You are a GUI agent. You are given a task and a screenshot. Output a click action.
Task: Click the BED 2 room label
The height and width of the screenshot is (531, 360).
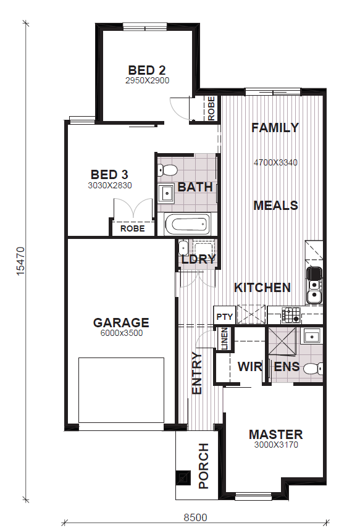click(x=147, y=70)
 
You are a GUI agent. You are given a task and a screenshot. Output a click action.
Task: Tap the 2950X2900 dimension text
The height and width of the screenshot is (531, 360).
click(x=148, y=81)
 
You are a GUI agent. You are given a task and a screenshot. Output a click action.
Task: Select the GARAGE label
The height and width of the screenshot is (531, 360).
click(x=121, y=322)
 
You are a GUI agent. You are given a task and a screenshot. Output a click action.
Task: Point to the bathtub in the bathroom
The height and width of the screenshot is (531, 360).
click(x=187, y=224)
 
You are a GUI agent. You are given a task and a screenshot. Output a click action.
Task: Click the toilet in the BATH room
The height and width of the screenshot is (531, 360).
click(x=167, y=170)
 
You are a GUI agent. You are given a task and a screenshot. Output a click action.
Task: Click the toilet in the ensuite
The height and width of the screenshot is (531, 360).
click(x=313, y=369)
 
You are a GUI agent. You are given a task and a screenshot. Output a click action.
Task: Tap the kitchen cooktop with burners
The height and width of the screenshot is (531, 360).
click(x=291, y=315)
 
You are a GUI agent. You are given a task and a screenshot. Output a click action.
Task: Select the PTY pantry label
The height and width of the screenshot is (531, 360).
click(x=225, y=317)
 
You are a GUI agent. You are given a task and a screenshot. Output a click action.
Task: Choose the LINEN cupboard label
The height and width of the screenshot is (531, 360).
click(x=225, y=338)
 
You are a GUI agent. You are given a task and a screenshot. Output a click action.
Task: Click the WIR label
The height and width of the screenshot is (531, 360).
click(x=249, y=366)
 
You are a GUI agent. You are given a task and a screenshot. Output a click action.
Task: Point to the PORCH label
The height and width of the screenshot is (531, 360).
click(x=204, y=466)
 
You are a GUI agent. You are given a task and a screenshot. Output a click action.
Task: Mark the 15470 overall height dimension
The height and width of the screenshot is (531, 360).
click(x=20, y=261)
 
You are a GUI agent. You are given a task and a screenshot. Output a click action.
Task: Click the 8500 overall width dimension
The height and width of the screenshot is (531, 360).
click(x=195, y=518)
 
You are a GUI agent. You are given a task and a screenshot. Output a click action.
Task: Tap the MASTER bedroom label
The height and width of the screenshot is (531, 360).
click(x=275, y=435)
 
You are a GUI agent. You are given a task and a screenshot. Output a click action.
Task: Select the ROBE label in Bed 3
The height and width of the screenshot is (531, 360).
click(x=132, y=228)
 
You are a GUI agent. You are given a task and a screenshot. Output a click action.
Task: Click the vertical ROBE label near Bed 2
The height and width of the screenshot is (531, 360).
click(x=211, y=109)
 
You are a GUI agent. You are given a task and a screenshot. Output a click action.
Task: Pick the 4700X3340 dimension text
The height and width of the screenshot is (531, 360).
click(x=275, y=162)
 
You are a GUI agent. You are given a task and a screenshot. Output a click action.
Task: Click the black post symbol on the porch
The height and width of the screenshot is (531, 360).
click(x=183, y=478)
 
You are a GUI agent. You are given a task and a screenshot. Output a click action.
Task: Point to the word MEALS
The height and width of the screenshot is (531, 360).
click(x=275, y=205)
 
